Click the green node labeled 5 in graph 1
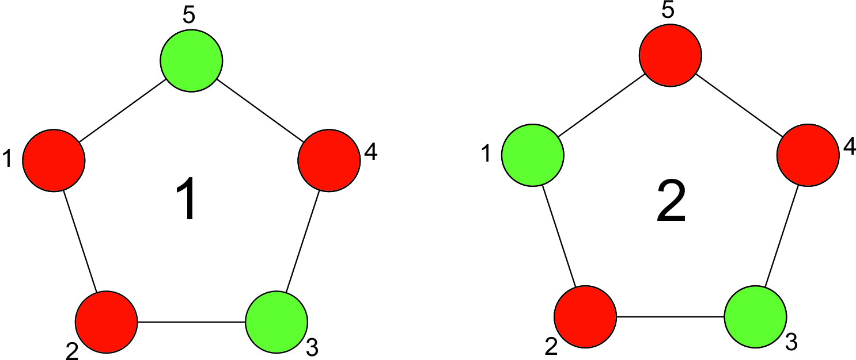[191, 60]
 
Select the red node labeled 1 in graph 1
[54, 160]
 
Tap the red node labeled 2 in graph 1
[106, 322]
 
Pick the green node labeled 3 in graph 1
[277, 322]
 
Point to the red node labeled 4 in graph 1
[329, 160]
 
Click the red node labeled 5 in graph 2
[671, 55]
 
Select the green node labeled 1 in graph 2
[533, 155]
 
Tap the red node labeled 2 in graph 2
[585, 316]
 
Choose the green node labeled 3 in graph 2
[756, 316]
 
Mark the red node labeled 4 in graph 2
[808, 155]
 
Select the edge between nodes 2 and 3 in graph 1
[191, 322]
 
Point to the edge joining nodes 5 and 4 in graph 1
[260, 110]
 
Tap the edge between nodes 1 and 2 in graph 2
[559, 236]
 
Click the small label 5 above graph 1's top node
[189, 16]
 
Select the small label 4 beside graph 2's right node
[850, 146]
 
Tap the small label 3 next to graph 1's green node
[312, 347]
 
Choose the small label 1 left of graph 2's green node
[486, 154]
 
